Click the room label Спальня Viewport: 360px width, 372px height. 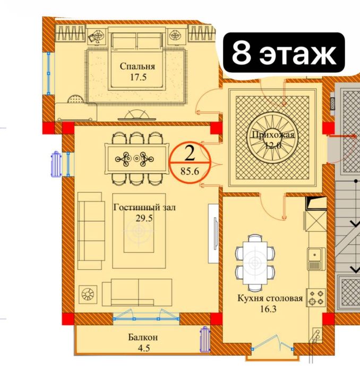click(x=137, y=66)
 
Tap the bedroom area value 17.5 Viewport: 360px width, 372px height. click(x=137, y=77)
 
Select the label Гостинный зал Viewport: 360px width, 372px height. click(x=144, y=208)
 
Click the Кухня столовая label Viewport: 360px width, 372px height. click(x=270, y=298)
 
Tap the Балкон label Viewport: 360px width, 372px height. click(x=143, y=337)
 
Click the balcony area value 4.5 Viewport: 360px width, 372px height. click(x=143, y=349)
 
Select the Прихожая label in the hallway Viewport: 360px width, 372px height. click(x=273, y=136)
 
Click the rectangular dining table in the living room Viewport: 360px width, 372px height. click(x=138, y=158)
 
